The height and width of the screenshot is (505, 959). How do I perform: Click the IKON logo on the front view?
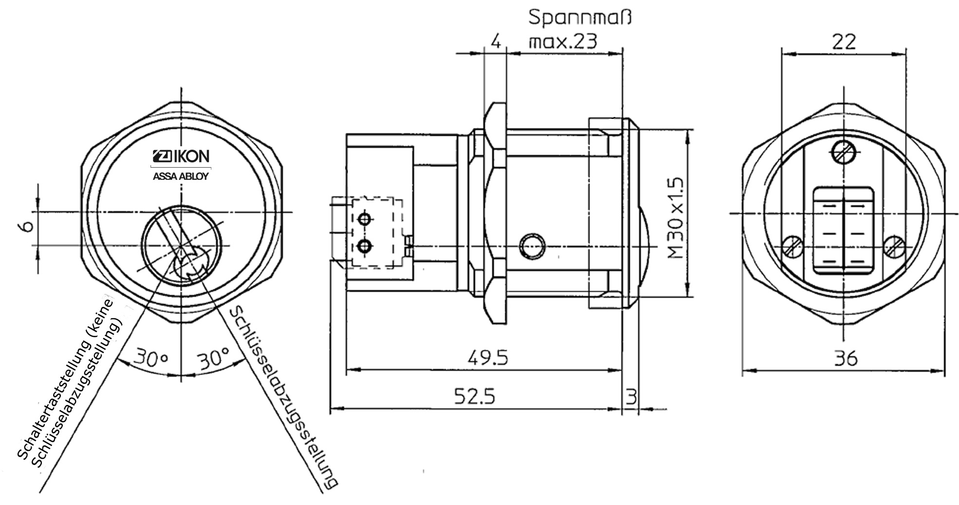point(181,156)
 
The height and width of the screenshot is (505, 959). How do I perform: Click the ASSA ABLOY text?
point(181,176)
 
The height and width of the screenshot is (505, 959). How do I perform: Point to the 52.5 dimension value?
point(474,396)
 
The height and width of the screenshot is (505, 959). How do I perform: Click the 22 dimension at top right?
point(844,42)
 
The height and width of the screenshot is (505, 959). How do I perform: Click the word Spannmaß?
point(580,18)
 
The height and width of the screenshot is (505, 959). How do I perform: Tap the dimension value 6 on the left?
point(28,227)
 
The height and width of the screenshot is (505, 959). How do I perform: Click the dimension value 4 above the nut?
point(496,41)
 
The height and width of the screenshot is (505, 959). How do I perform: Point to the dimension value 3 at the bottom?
point(631,397)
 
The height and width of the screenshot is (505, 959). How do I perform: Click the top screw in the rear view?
point(843,152)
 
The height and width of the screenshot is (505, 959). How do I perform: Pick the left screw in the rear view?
point(792,247)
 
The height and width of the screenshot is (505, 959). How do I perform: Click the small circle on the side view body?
point(531,247)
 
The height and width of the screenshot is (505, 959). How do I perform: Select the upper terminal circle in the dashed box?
point(364,219)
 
